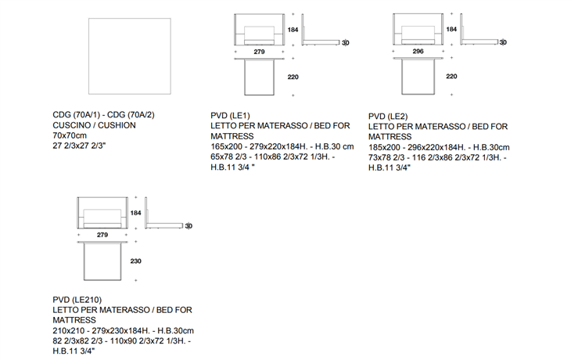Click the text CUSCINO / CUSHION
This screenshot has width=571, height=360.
click(94, 125)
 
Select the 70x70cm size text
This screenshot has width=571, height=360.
click(71, 135)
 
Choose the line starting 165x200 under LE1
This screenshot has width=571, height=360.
click(282, 146)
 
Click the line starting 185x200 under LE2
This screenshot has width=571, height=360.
click(438, 146)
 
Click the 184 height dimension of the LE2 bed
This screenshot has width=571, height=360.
click(451, 29)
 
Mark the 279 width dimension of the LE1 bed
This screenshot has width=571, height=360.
click(260, 52)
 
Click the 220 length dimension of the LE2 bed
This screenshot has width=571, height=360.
click(451, 77)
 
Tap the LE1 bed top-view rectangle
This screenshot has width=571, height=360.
click(260, 77)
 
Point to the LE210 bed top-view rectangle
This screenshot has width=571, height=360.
click(102, 261)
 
